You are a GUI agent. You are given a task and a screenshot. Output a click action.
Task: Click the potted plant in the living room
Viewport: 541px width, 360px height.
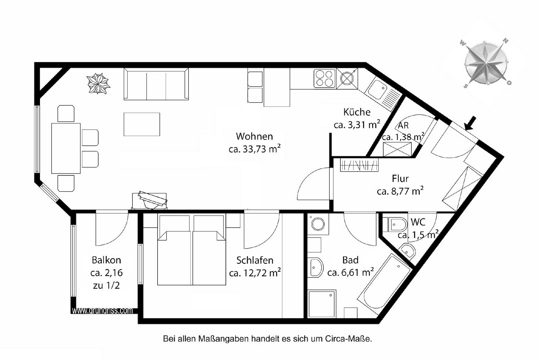click(x=98, y=84)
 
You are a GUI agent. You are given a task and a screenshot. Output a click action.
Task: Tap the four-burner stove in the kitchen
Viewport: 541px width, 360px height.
click(x=325, y=78)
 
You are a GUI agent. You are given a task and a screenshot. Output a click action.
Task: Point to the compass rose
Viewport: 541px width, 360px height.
click(x=485, y=64)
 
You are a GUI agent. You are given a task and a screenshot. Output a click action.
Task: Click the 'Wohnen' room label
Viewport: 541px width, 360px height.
click(x=254, y=136)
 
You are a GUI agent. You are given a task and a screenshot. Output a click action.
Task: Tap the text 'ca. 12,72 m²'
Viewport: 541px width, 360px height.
click(x=255, y=273)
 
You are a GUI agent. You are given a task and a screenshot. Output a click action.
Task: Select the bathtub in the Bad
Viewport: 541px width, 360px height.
click(x=385, y=282)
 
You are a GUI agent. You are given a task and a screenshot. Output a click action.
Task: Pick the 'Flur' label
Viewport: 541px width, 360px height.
click(x=400, y=179)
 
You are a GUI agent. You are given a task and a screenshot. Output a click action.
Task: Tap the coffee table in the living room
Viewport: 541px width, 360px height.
click(x=142, y=124)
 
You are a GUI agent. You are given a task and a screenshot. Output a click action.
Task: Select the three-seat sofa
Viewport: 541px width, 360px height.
click(x=156, y=84)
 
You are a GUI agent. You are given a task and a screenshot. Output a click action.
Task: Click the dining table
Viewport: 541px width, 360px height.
click(x=66, y=148)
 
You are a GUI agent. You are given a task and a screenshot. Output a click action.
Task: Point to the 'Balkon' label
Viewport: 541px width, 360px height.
click(x=106, y=260)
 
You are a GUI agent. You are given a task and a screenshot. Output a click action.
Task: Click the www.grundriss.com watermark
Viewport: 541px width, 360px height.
click(x=102, y=311)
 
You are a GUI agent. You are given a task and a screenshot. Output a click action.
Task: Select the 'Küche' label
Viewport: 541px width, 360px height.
click(x=357, y=112)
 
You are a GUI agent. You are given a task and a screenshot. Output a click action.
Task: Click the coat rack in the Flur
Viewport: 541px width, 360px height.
click(x=359, y=165)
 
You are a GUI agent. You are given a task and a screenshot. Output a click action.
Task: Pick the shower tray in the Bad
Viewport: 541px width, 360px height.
click(x=322, y=304)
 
